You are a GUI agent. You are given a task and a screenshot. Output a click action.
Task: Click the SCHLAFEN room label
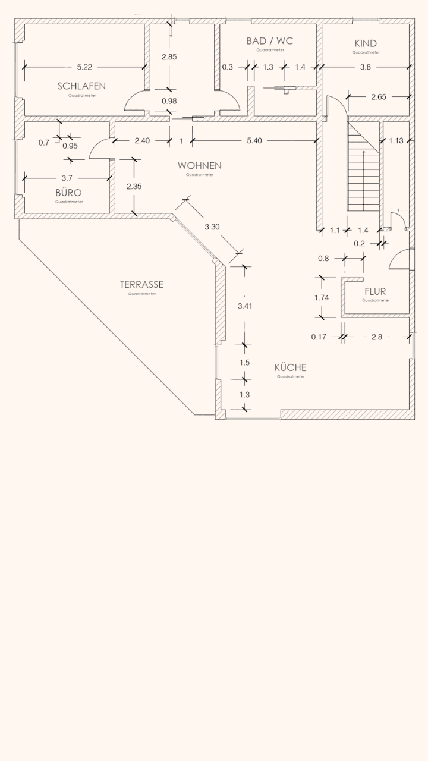[81, 86]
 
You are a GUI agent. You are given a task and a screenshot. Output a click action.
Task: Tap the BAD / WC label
[270, 41]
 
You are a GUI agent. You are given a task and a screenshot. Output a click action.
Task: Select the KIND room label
[365, 43]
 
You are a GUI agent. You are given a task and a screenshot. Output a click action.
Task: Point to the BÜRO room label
[68, 193]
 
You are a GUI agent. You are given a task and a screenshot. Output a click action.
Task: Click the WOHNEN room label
[199, 165]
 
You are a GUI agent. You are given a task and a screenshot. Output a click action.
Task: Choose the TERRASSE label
[141, 284]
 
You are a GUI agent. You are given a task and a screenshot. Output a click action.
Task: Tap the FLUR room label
[375, 291]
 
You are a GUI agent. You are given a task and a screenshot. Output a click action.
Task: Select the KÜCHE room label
[290, 367]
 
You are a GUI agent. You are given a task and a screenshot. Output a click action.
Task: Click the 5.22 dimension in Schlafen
[85, 67]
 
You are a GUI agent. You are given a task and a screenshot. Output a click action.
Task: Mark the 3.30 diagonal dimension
[212, 227]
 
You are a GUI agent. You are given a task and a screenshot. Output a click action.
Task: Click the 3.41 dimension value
[244, 306]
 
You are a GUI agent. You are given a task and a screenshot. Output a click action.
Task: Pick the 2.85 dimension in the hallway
[169, 57]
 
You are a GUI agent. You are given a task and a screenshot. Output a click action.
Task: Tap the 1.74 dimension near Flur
[321, 298]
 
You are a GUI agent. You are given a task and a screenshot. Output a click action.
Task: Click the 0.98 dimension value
[169, 101]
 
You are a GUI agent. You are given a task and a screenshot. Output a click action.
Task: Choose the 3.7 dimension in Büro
[67, 178]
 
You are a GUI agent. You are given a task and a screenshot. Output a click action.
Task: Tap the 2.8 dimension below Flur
[376, 337]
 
